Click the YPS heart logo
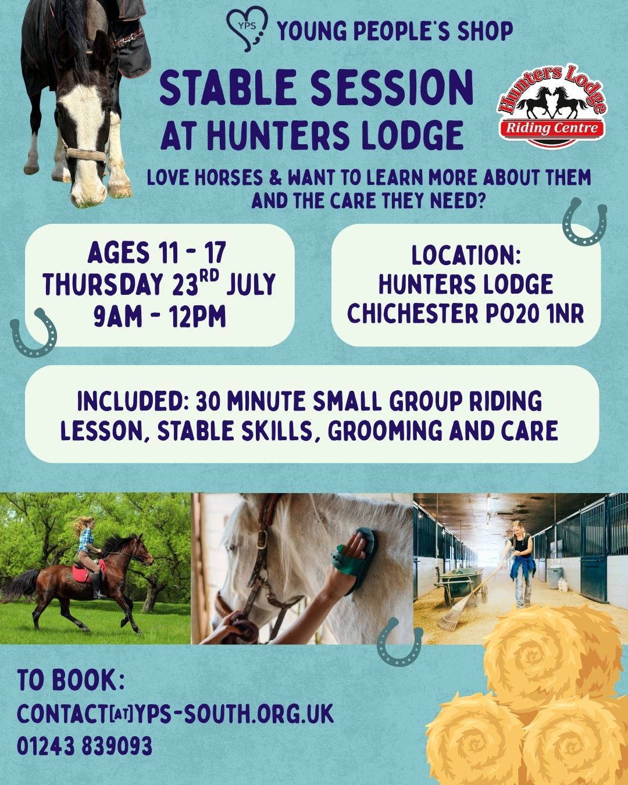pyautogui.click(x=247, y=29)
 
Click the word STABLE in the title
pyautogui.click(x=228, y=88)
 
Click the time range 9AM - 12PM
pyautogui.click(x=159, y=316)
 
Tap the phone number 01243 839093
pyautogui.click(x=84, y=745)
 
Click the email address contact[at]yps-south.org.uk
pyautogui.click(x=175, y=713)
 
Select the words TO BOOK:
pyautogui.click(x=71, y=679)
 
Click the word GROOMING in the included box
pyautogui.click(x=384, y=431)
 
